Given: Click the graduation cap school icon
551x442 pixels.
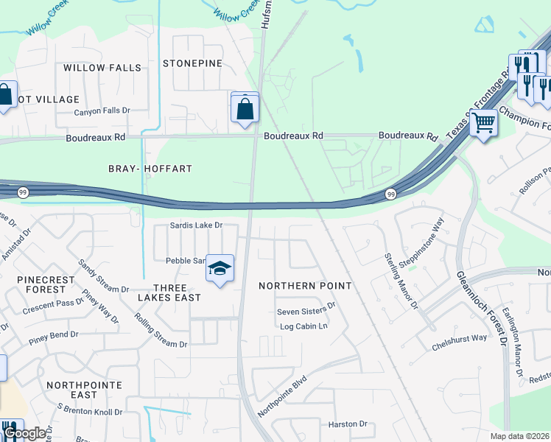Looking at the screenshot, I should [220, 270].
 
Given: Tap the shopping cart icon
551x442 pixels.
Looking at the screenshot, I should [483, 122].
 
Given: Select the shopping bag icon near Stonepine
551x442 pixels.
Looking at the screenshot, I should [245, 108].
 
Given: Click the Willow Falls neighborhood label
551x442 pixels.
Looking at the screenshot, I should [102, 68].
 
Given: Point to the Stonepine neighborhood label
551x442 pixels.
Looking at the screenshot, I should [192, 63].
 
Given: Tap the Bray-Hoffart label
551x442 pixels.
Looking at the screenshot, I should [150, 169].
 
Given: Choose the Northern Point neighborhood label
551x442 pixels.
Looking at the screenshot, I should [305, 285].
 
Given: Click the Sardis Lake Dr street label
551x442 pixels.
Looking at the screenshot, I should [196, 225].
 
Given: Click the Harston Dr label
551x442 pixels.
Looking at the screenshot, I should [348, 424].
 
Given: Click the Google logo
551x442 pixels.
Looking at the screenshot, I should [24, 433].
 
